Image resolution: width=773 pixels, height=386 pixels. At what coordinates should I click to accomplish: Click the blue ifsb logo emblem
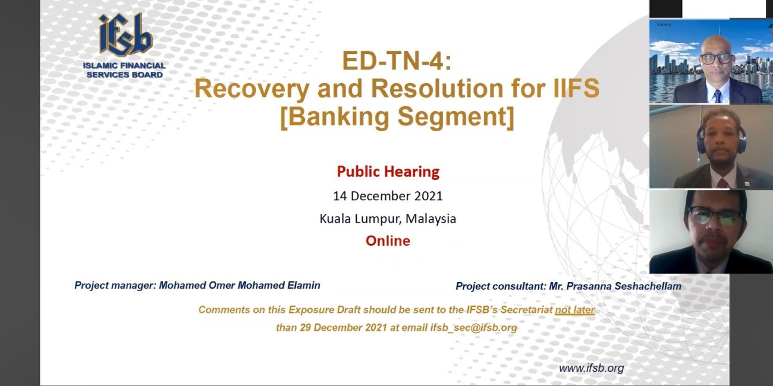tap(125, 34)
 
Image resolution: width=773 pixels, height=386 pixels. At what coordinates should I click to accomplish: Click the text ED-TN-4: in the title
tap(397, 61)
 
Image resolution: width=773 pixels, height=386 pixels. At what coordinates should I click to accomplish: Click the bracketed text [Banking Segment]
tap(397, 117)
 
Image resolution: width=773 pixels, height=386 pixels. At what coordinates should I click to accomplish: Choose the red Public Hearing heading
tap(388, 172)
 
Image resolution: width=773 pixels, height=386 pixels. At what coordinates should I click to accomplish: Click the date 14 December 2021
tap(388, 196)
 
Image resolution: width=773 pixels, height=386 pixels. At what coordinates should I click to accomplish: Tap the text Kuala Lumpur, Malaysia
tap(388, 219)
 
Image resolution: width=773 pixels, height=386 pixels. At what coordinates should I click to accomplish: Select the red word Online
tap(388, 241)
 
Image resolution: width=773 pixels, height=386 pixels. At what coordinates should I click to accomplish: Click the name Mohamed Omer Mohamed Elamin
tap(240, 286)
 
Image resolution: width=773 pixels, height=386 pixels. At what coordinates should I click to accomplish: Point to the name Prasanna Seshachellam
tap(624, 286)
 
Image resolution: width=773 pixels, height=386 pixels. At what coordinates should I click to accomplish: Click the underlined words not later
tap(574, 310)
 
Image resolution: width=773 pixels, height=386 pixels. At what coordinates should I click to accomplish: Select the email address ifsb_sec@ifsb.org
tap(473, 327)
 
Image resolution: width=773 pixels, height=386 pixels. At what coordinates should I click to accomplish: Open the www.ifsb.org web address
tap(591, 368)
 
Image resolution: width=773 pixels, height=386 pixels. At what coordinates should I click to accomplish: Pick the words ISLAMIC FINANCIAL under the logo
tap(124, 65)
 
